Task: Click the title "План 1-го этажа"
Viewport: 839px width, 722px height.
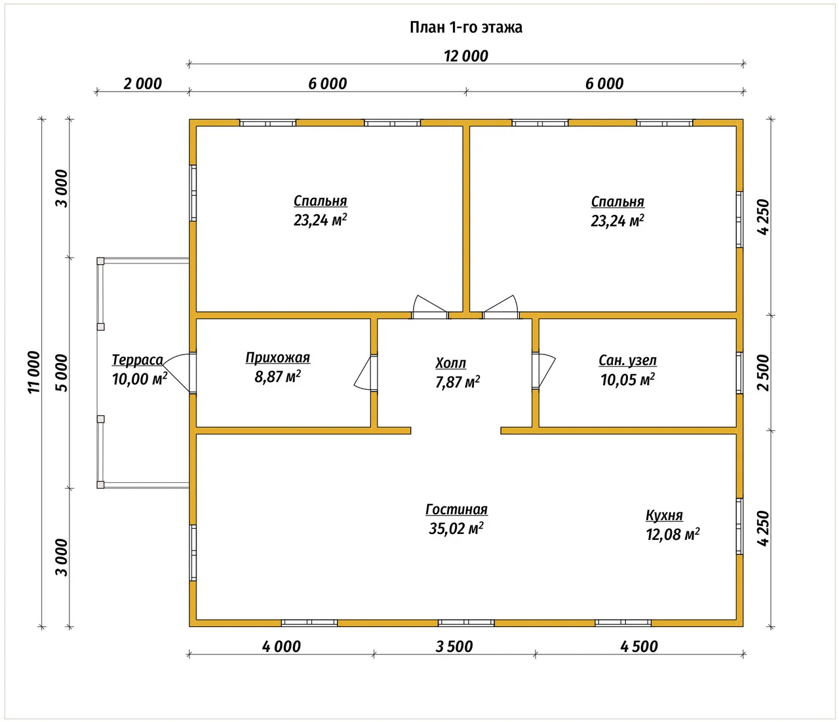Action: click(x=465, y=28)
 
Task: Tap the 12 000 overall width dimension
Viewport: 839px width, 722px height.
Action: click(x=465, y=56)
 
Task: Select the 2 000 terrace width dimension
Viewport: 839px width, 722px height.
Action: click(x=142, y=84)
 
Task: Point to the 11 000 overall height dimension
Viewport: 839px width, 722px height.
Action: click(x=34, y=372)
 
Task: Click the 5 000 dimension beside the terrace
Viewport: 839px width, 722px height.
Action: click(x=62, y=373)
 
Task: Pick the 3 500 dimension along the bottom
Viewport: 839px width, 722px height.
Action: click(x=454, y=647)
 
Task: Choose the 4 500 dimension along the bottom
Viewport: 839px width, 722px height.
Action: click(x=639, y=647)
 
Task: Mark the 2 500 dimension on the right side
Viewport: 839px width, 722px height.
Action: click(x=763, y=373)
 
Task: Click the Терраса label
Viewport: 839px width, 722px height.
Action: click(x=137, y=360)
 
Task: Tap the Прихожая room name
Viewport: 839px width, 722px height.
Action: click(x=278, y=357)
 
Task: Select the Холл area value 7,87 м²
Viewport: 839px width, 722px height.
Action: click(x=458, y=382)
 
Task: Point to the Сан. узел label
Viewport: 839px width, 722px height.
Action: click(x=627, y=360)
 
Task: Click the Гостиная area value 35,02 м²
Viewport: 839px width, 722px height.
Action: click(x=456, y=529)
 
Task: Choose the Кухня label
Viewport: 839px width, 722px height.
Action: click(x=665, y=515)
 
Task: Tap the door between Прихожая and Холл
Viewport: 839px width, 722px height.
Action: click(x=366, y=373)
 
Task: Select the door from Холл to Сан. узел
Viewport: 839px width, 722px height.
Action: click(x=543, y=371)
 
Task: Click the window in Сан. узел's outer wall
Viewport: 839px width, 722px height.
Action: click(x=739, y=373)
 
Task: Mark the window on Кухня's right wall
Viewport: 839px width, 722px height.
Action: click(x=739, y=527)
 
